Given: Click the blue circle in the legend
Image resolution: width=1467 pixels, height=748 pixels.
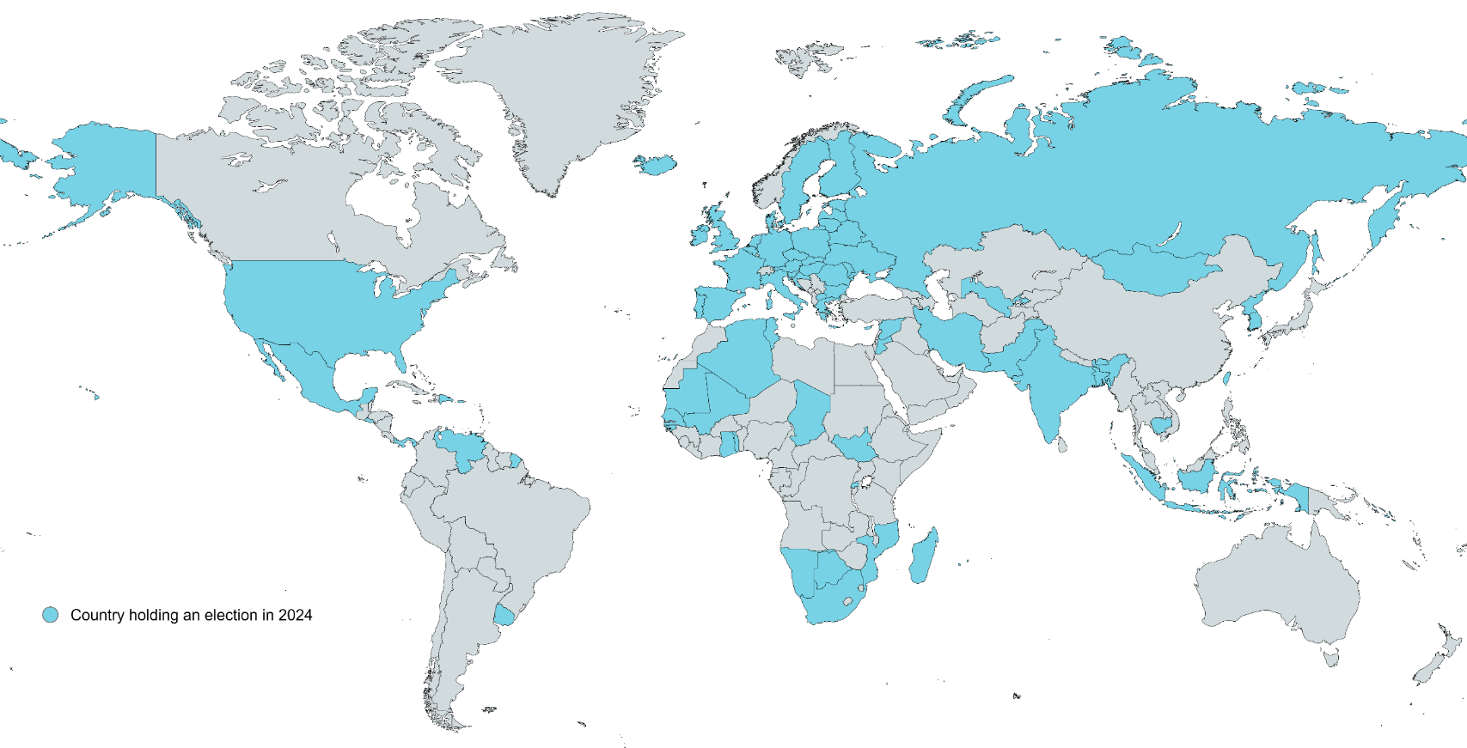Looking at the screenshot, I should [x=51, y=615].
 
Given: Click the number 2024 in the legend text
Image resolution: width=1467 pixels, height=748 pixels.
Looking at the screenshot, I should [x=295, y=615].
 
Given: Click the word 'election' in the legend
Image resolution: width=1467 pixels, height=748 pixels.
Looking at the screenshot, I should [x=231, y=615].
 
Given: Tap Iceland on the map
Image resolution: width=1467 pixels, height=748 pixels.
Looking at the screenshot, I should [x=655, y=163].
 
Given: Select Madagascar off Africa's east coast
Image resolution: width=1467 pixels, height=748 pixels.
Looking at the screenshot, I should [x=923, y=556].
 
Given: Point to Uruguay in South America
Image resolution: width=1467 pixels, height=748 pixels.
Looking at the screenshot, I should [x=504, y=616].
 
